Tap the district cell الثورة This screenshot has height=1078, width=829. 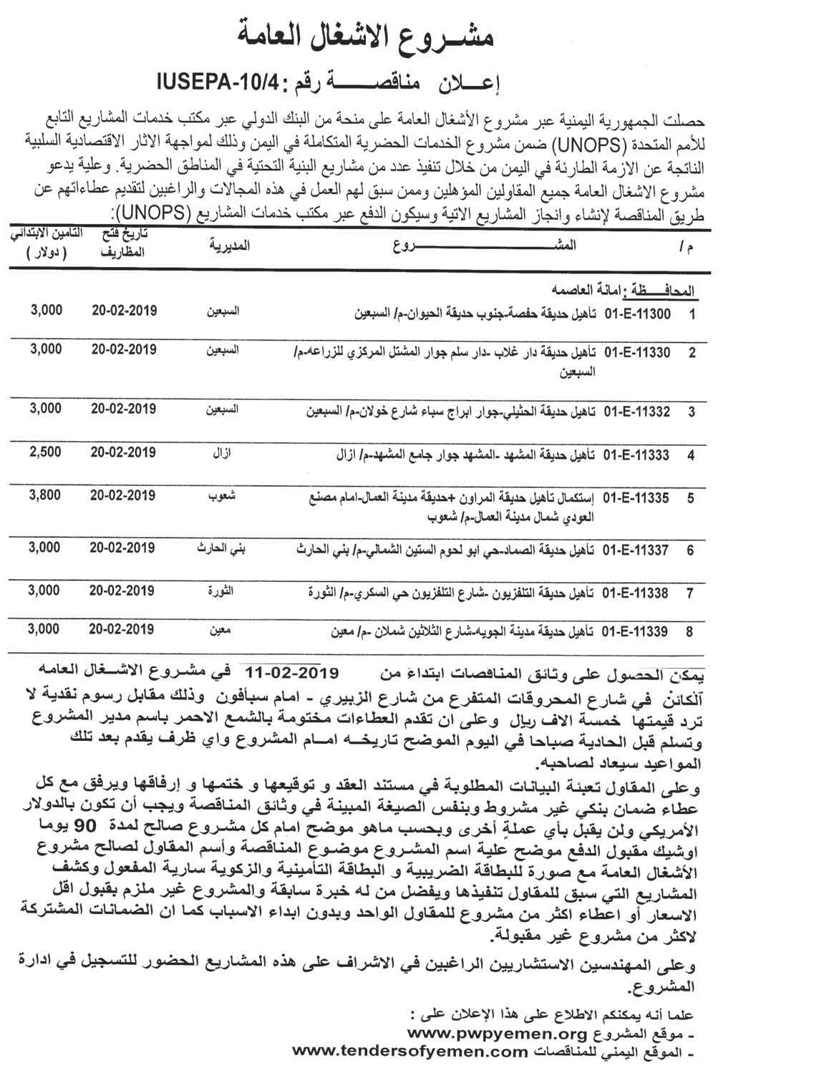[x=222, y=591]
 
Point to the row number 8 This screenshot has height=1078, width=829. [x=690, y=632]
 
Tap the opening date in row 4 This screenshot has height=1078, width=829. [x=124, y=452]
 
